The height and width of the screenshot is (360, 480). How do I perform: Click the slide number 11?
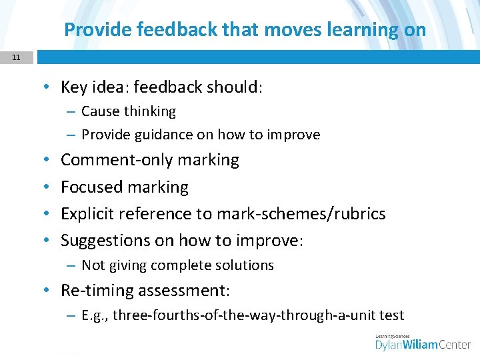point(15,58)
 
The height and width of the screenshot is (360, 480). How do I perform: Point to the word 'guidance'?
point(165,135)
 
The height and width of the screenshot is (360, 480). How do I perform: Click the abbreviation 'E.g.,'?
point(95,315)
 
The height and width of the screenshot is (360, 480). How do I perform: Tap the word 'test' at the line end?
point(392,315)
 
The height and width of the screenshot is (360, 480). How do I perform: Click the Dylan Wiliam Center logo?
point(423,343)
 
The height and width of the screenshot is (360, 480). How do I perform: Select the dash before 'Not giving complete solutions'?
point(70,265)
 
